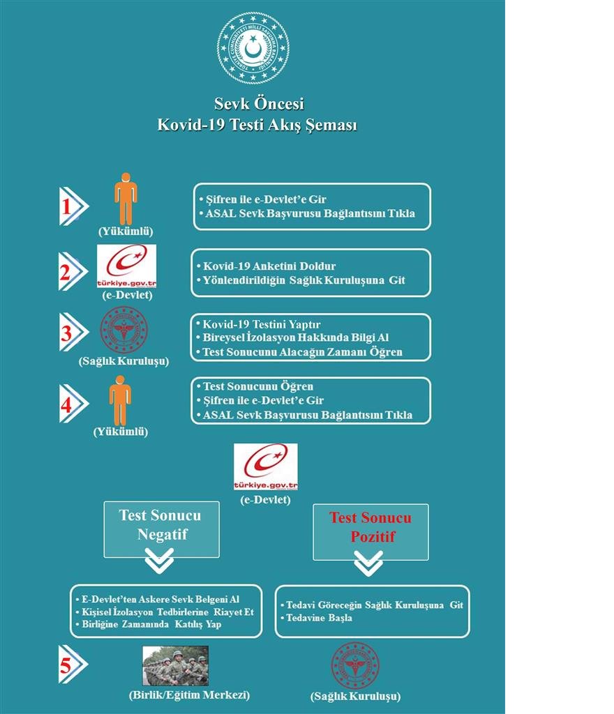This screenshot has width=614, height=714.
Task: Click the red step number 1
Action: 67,206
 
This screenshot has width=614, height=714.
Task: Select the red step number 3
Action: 67,333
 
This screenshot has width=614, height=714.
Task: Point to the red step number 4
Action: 67,404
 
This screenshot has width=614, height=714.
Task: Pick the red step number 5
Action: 66,665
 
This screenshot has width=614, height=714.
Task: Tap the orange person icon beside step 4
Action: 120,400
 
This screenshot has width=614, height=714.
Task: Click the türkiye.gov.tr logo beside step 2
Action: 126,266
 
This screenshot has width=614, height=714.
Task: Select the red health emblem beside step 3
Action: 124,330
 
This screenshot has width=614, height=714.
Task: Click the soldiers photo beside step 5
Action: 175,665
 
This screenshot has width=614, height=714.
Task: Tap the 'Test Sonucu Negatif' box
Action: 161,529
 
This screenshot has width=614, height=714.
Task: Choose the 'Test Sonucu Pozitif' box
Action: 370,531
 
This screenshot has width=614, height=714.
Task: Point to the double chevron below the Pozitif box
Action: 368,563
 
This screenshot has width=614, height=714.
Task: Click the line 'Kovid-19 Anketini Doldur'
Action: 269,266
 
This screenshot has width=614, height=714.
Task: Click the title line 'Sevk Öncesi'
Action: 259,105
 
